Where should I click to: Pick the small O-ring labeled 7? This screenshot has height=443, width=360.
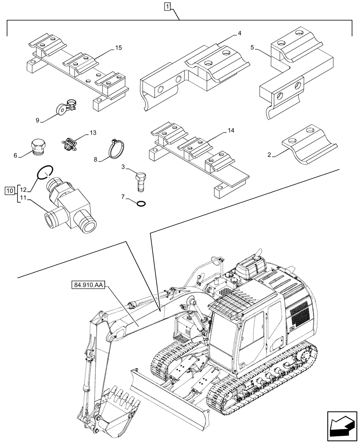point(141,204)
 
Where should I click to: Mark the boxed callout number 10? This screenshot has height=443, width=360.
point(9,191)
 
